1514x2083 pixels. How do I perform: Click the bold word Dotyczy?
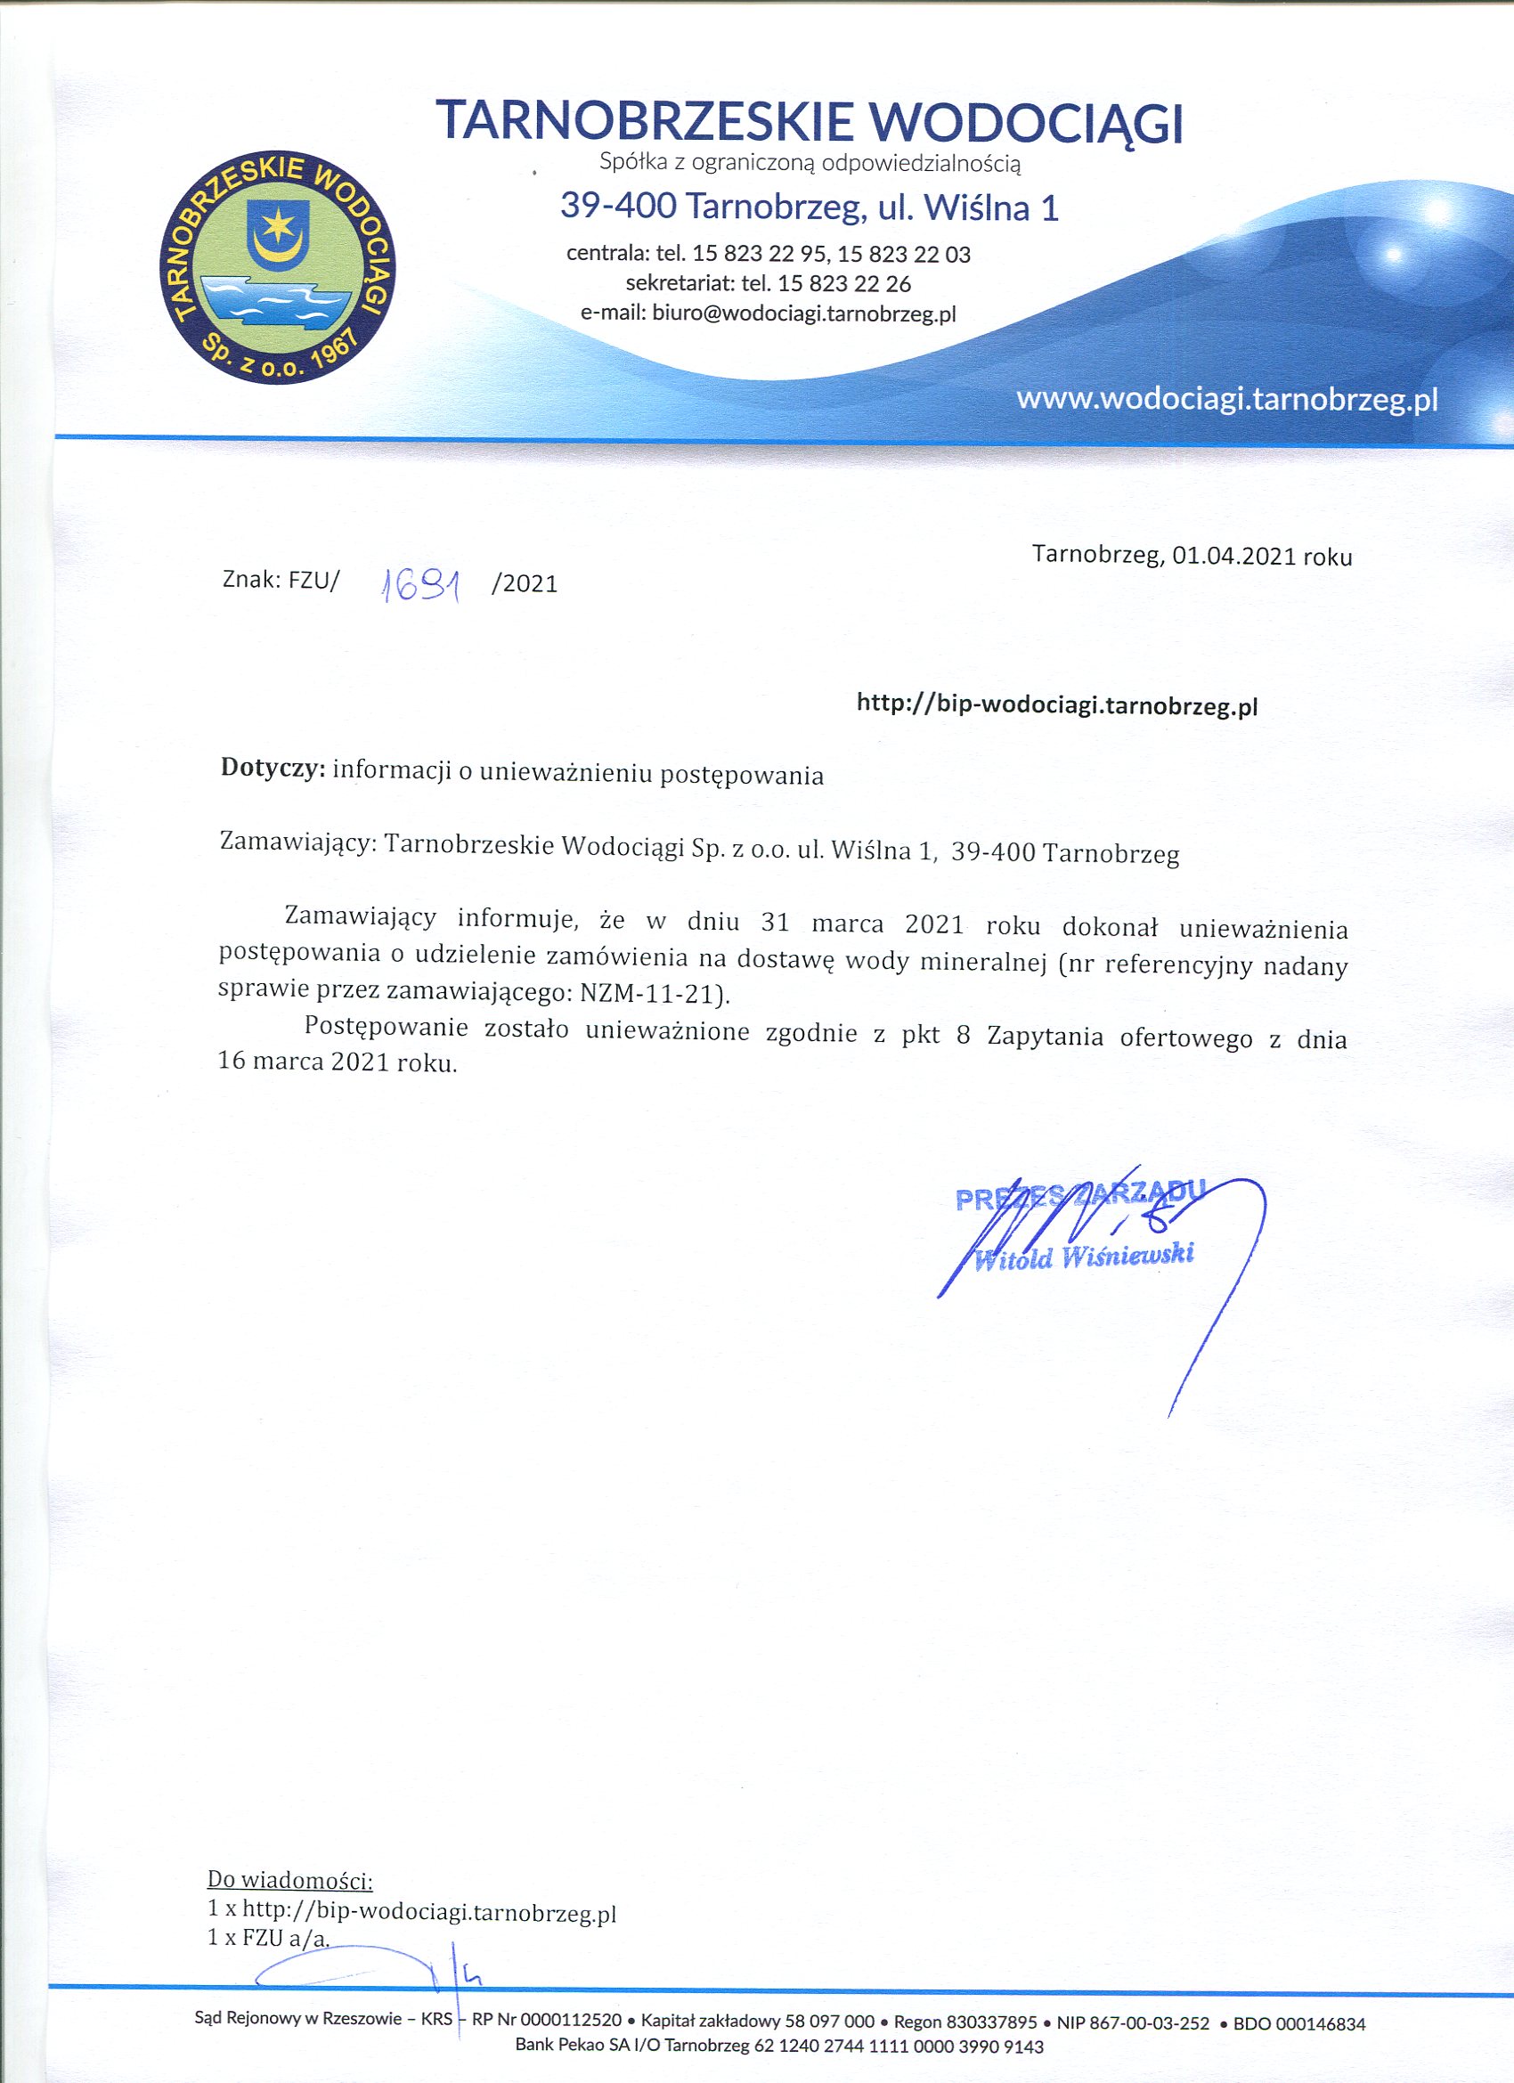(x=273, y=769)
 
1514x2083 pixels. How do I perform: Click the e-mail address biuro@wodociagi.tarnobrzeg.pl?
(x=804, y=313)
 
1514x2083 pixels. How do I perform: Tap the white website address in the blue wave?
(x=1226, y=400)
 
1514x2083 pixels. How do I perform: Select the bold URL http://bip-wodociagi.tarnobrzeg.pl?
(x=1056, y=704)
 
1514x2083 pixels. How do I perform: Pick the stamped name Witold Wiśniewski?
(x=1083, y=1256)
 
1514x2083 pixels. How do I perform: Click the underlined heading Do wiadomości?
(x=290, y=1878)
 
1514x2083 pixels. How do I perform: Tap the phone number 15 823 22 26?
(x=844, y=283)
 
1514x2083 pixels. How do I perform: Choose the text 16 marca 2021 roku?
(x=337, y=1062)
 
